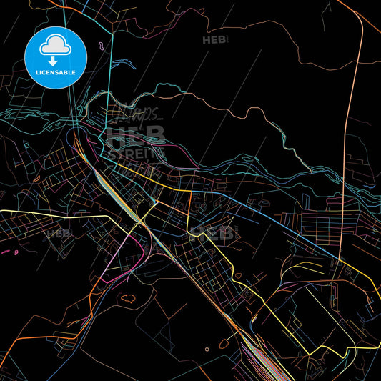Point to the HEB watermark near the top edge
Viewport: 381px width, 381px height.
coord(214,40)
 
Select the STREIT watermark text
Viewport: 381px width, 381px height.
coord(136,152)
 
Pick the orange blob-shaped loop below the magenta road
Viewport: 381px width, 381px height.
coord(129,296)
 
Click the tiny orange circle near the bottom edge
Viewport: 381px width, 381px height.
coord(207,350)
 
